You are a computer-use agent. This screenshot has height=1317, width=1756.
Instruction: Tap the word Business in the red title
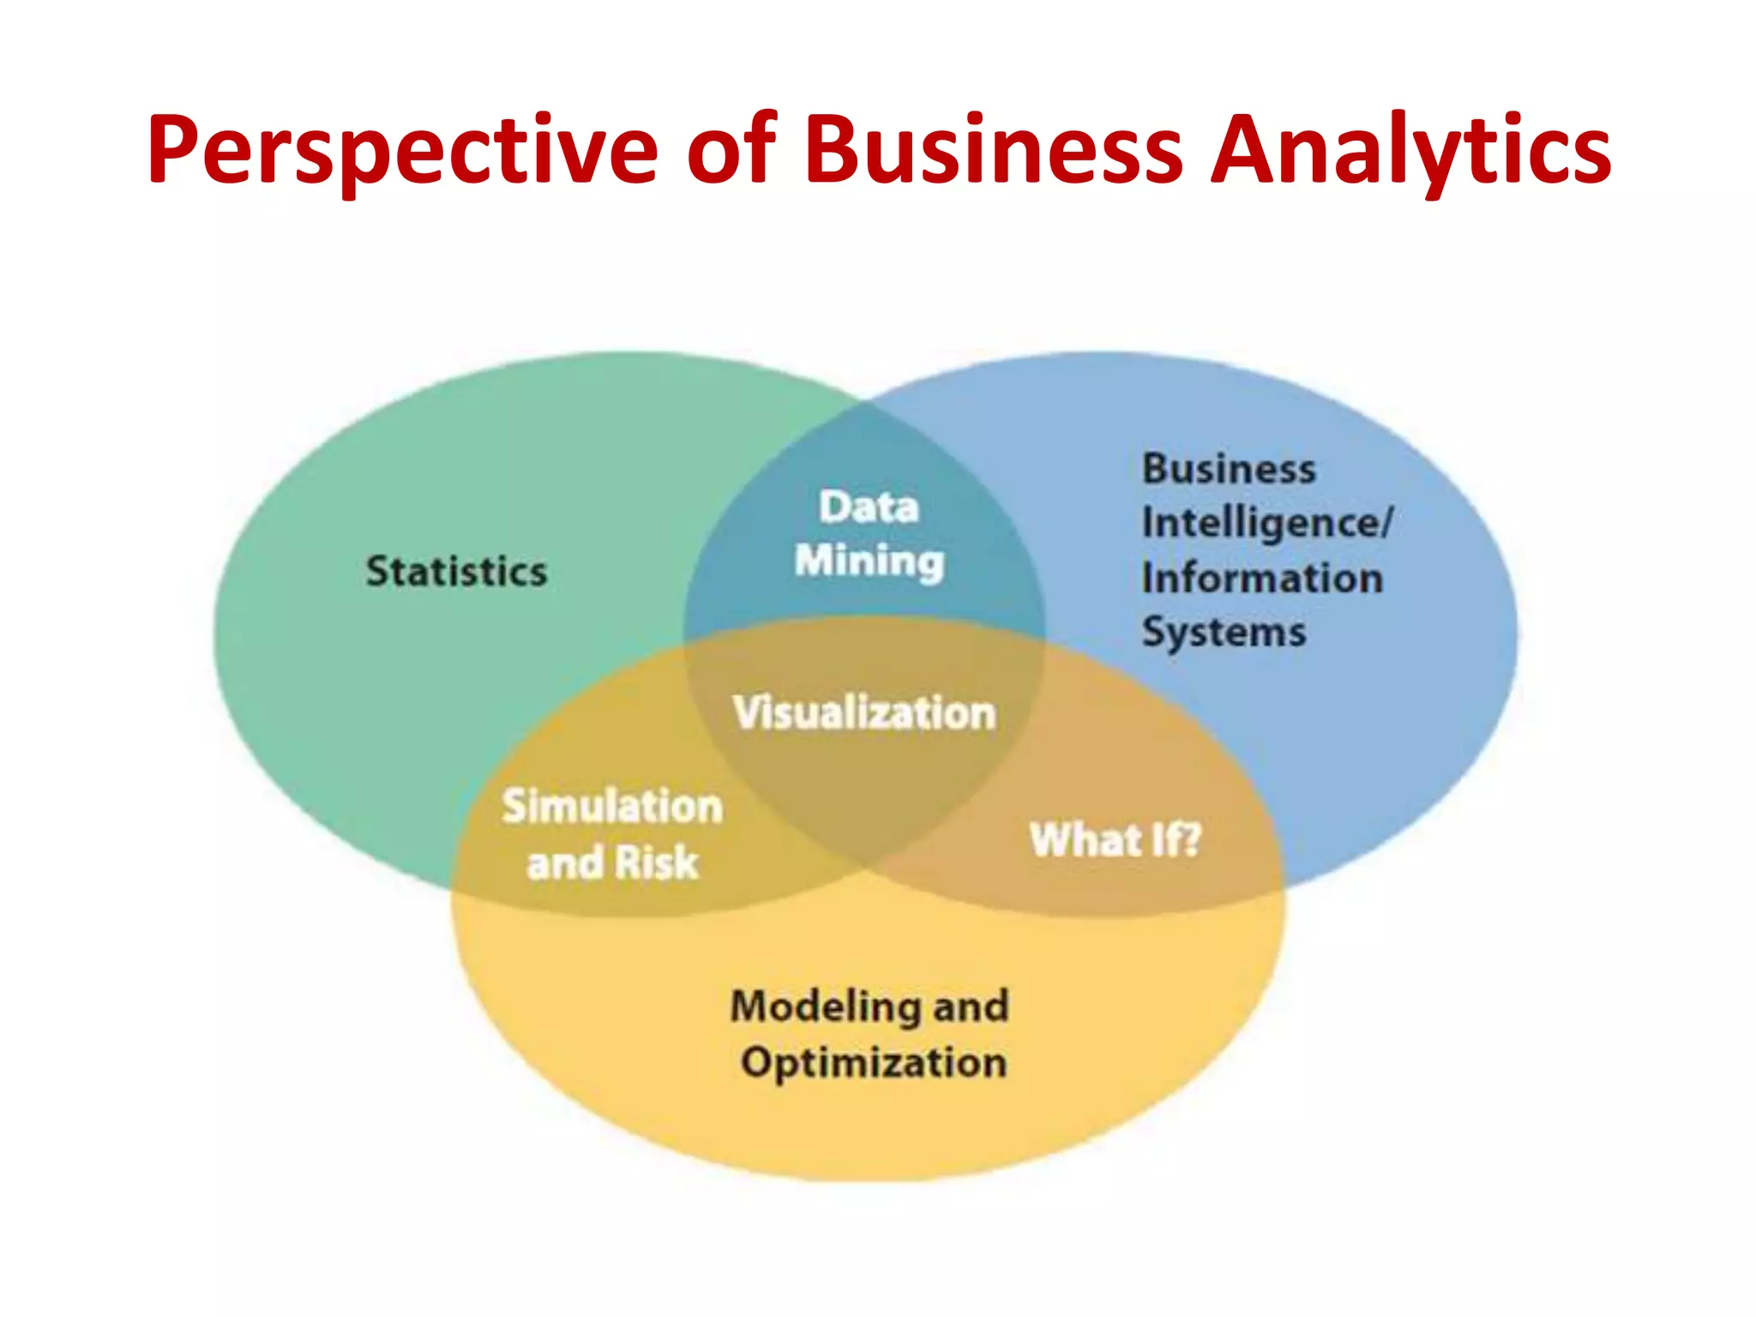994,150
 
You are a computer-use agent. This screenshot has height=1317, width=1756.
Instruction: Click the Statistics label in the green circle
456,572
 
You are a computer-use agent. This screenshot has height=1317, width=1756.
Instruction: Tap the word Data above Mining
869,507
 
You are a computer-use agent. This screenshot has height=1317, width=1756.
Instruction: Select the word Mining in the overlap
869,562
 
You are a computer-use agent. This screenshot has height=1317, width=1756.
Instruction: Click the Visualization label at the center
864,713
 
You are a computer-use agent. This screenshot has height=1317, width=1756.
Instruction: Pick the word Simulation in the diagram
612,807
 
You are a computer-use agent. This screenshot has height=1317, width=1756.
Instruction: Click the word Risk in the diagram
657,863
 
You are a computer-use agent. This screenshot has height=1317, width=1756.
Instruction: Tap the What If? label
1115,839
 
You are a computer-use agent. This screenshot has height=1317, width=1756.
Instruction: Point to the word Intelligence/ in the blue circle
1267,524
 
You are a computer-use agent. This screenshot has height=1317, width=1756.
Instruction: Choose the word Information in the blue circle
1262,578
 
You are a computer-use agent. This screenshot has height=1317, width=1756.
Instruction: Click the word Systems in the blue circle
1224,633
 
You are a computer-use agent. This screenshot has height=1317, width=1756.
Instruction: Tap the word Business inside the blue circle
1229,469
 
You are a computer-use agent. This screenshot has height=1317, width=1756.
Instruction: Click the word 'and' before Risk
565,863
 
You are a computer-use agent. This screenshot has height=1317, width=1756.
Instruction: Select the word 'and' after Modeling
971,1007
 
